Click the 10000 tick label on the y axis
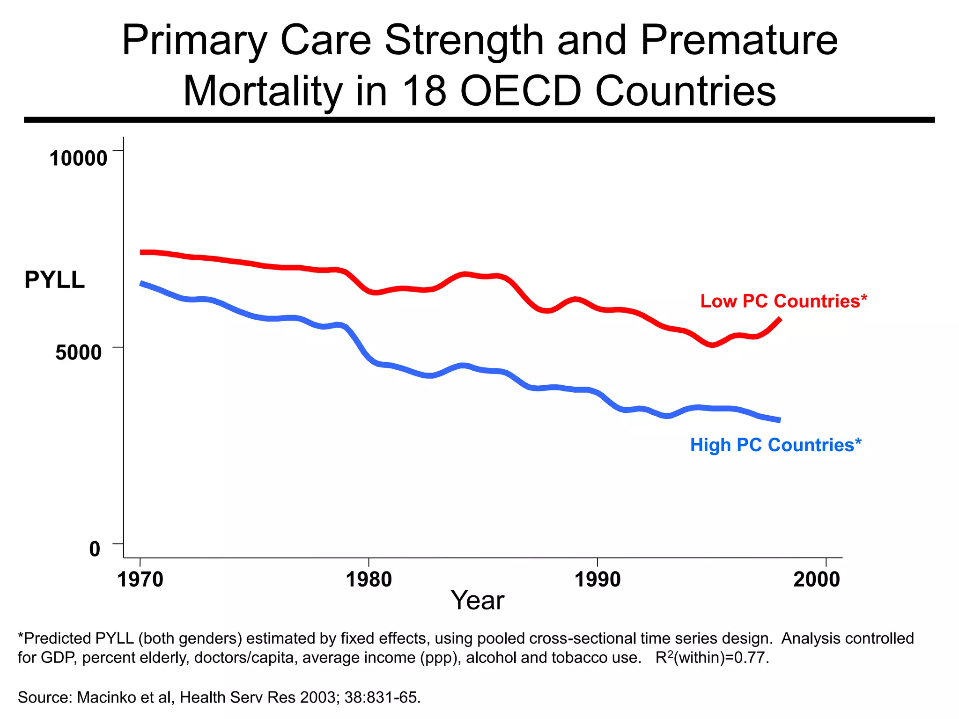tap(78, 158)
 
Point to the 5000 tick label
tap(78, 352)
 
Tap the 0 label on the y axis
tap(95, 549)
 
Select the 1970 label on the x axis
tap(140, 580)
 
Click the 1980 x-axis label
tap(369, 580)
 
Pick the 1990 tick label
tap(597, 580)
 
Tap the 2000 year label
tap(817, 580)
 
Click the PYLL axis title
tap(54, 280)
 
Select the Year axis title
tap(477, 600)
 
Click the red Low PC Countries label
tap(783, 301)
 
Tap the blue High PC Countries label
tap(775, 445)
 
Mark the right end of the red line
tap(780, 319)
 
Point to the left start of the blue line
tap(141, 283)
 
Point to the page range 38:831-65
tap(382, 697)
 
